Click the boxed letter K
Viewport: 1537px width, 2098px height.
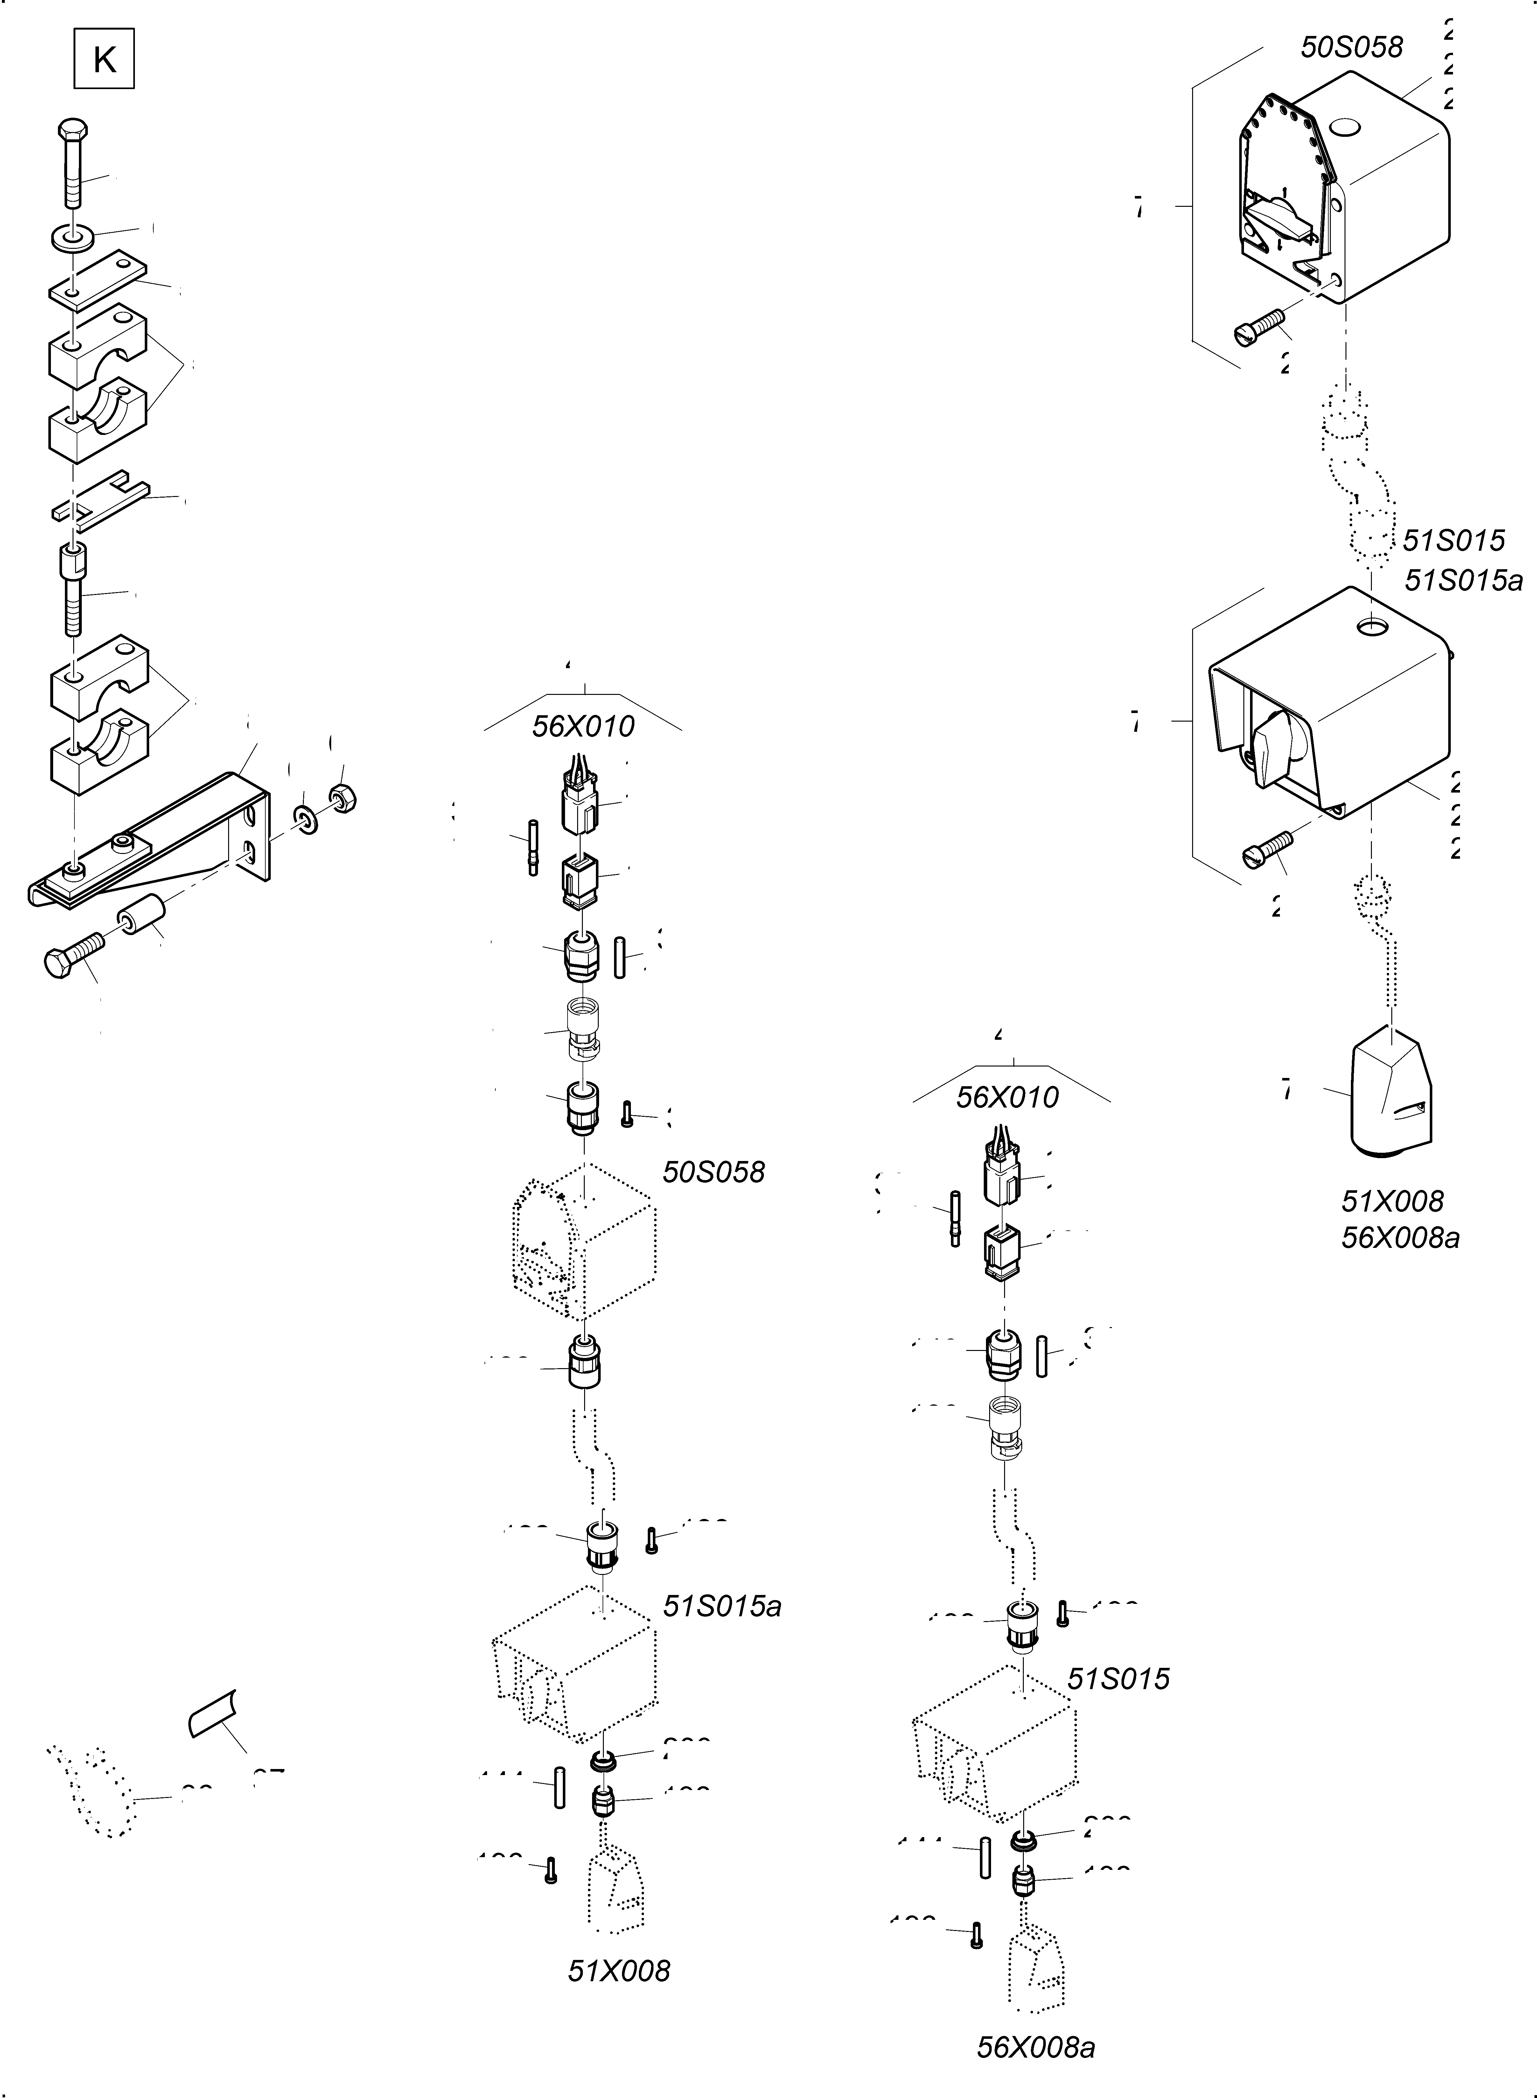(104, 59)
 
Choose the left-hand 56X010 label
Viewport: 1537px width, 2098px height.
(583, 726)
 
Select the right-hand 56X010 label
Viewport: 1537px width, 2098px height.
(1008, 1097)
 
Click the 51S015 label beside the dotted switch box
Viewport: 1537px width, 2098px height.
(1117, 1678)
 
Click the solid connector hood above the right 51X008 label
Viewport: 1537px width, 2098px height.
(1389, 1098)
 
